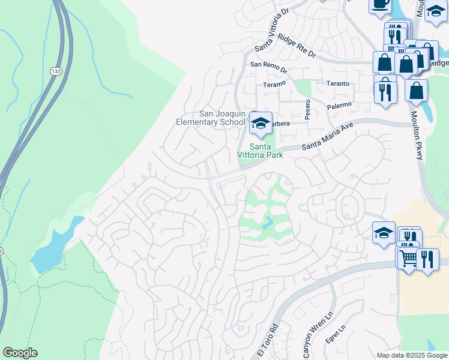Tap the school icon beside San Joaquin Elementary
261,123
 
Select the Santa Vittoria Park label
261,150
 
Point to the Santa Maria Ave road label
327,137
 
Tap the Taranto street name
337,83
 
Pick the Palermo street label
339,106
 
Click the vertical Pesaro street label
307,110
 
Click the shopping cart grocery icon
408,258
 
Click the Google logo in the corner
20,353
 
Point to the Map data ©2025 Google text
412,355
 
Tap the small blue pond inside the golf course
267,224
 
